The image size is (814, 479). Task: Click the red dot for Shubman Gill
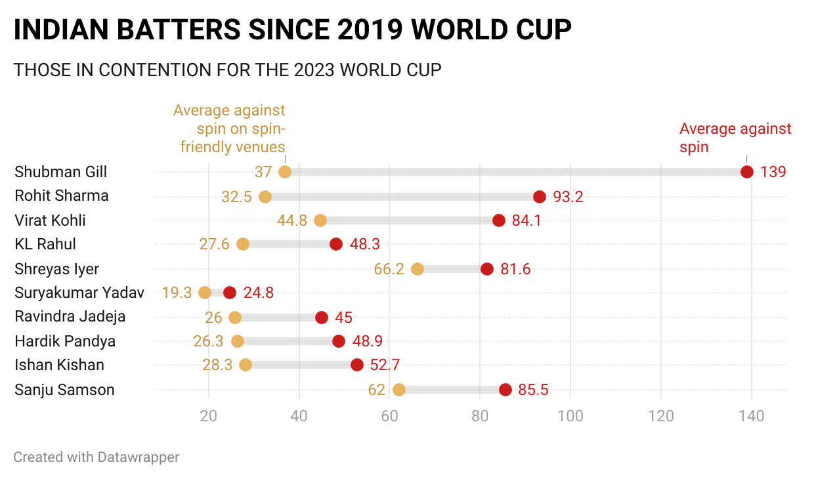click(746, 172)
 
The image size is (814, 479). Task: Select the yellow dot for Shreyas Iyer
click(418, 269)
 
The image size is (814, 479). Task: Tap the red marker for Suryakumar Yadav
click(230, 293)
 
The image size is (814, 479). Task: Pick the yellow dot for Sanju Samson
click(399, 390)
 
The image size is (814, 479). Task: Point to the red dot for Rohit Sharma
click(540, 196)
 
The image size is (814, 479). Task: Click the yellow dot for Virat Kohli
click(320, 220)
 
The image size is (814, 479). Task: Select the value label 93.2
click(568, 196)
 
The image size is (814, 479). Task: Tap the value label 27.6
click(215, 245)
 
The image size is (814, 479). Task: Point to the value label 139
click(773, 172)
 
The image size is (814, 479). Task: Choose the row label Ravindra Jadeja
click(70, 317)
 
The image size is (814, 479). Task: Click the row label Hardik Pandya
click(65, 341)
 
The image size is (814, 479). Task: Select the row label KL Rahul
click(45, 244)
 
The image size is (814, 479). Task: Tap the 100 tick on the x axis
click(570, 416)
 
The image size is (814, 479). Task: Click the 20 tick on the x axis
click(209, 416)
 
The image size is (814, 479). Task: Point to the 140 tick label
click(752, 416)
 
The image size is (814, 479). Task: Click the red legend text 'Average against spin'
click(735, 138)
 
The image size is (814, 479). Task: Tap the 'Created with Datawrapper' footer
click(96, 457)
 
